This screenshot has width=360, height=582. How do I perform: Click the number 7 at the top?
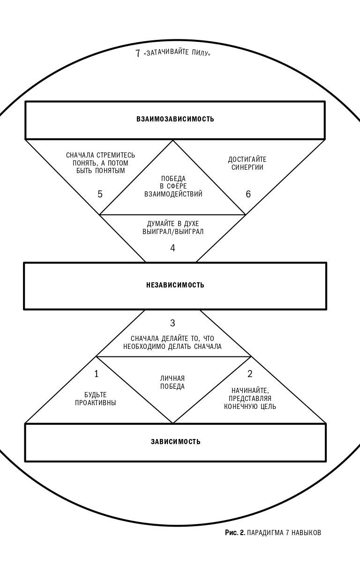click(138, 53)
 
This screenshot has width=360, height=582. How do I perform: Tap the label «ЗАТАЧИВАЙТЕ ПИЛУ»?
click(177, 53)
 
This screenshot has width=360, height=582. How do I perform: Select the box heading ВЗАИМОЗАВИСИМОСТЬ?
click(175, 119)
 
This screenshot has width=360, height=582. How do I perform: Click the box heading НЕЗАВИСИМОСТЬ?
click(175, 285)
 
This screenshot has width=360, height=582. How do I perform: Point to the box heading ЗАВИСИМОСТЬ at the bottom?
click(176, 442)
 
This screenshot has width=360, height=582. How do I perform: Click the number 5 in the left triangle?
click(100, 194)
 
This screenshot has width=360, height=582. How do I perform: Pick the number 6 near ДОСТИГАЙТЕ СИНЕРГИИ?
click(248, 194)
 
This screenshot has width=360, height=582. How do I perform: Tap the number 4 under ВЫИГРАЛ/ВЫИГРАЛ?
click(172, 248)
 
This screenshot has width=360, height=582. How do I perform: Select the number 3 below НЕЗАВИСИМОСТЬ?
click(172, 323)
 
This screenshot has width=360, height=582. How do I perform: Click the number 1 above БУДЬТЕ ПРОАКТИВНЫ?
click(97, 374)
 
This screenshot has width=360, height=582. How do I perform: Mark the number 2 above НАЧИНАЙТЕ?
click(250, 374)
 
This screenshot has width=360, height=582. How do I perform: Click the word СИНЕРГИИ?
click(247, 167)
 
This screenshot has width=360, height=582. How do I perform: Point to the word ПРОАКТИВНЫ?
click(96, 403)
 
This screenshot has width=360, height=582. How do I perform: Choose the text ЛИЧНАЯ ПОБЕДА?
click(172, 383)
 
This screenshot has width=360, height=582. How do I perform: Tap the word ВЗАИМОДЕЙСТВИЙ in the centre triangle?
click(173, 194)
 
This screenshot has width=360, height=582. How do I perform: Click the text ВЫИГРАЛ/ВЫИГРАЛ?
click(173, 232)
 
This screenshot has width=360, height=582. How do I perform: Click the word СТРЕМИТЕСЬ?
click(116, 155)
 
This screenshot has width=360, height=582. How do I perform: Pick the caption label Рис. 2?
click(235, 533)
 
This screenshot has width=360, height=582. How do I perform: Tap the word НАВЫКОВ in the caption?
click(306, 533)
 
